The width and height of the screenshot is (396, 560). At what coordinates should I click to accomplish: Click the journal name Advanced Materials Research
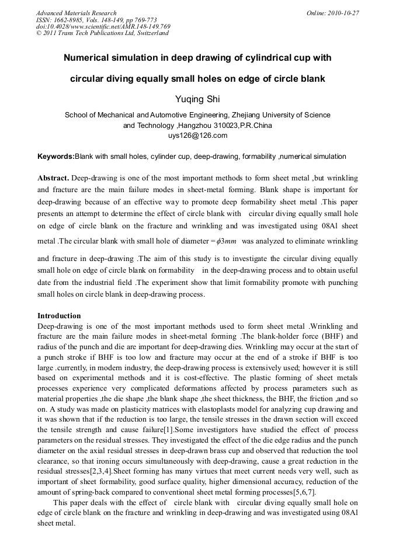pyautogui.click(x=77, y=13)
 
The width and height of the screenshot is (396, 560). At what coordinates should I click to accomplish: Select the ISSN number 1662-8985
pyautogui.click(x=70, y=19)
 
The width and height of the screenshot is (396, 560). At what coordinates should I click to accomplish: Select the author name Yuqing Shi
pyautogui.click(x=197, y=99)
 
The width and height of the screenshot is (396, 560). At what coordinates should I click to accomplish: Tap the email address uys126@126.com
pyautogui.click(x=197, y=135)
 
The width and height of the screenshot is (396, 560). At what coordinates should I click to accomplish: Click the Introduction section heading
pyautogui.click(x=59, y=316)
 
